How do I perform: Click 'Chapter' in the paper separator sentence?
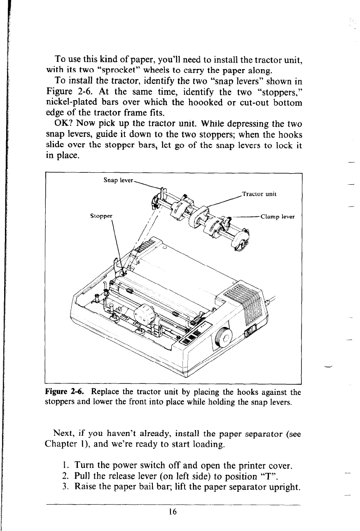point(61,444)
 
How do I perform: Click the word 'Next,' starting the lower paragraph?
point(64,433)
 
